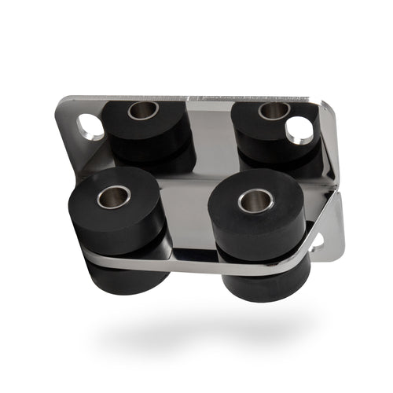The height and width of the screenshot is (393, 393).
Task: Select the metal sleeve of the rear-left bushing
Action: pos(143,110)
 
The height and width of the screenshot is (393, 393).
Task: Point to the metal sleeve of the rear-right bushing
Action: pos(273,111)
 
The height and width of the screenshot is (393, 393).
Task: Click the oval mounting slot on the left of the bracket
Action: pos(90,126)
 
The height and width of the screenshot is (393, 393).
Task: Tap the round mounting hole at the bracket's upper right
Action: pos(299,130)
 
